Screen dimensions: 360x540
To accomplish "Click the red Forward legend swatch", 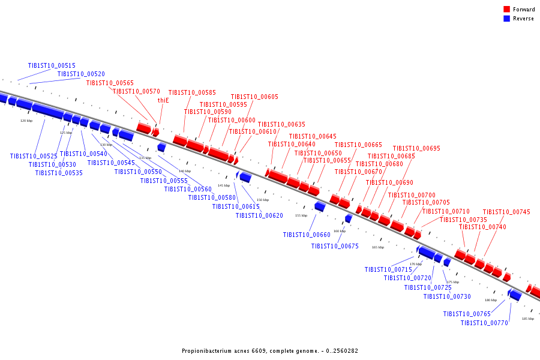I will tap(507, 10).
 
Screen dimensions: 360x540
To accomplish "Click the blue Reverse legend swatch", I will tap(507, 19).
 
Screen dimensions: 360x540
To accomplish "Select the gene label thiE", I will tap(163, 101).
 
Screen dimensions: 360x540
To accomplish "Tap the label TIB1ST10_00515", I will tap(52, 66).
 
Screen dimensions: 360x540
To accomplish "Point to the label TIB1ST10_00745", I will tap(506, 212).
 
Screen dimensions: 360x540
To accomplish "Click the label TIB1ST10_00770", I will tap(484, 323).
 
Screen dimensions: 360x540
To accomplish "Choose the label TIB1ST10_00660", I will tap(307, 235).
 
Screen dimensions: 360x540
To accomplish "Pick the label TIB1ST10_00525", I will tap(34, 157).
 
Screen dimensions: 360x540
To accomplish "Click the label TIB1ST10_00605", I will tap(254, 97).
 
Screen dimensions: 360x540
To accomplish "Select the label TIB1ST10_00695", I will tap(416, 149).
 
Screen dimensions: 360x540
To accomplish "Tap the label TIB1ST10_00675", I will tap(335, 247).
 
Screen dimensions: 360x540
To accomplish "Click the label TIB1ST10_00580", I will tap(212, 198).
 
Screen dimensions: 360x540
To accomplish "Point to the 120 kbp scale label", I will tap(26, 121).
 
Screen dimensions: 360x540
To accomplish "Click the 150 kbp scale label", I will tap(263, 200).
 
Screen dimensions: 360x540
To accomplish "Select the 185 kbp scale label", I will tap(527, 319).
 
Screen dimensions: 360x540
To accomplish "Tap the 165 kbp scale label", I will tap(377, 247).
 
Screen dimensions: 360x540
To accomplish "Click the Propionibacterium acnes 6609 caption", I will tap(270, 351).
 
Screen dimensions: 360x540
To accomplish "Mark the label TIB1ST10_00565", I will tap(110, 83).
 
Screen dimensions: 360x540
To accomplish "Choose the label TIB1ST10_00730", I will tap(447, 296).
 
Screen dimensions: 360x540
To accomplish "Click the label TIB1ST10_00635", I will tap(281, 125).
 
